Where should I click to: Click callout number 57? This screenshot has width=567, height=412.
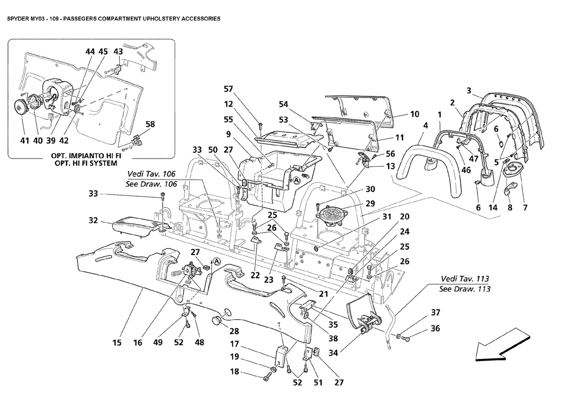228,89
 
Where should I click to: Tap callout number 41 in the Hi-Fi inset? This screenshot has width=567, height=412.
25,141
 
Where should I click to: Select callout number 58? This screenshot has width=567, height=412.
150,124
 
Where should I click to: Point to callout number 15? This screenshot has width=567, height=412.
117,342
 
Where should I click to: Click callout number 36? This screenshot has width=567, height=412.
436,328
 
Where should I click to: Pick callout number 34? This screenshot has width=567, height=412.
333,352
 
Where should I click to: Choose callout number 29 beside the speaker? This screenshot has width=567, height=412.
370,203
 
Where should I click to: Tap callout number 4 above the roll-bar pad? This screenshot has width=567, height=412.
426,125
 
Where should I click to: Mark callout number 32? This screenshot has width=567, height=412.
93,220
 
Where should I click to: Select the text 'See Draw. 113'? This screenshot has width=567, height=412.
464,289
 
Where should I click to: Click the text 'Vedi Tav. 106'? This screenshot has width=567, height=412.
151,174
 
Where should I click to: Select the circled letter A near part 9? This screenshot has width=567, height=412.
296,180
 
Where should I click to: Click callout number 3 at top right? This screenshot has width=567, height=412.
469,90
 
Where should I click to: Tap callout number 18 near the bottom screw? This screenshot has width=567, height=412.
235,371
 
